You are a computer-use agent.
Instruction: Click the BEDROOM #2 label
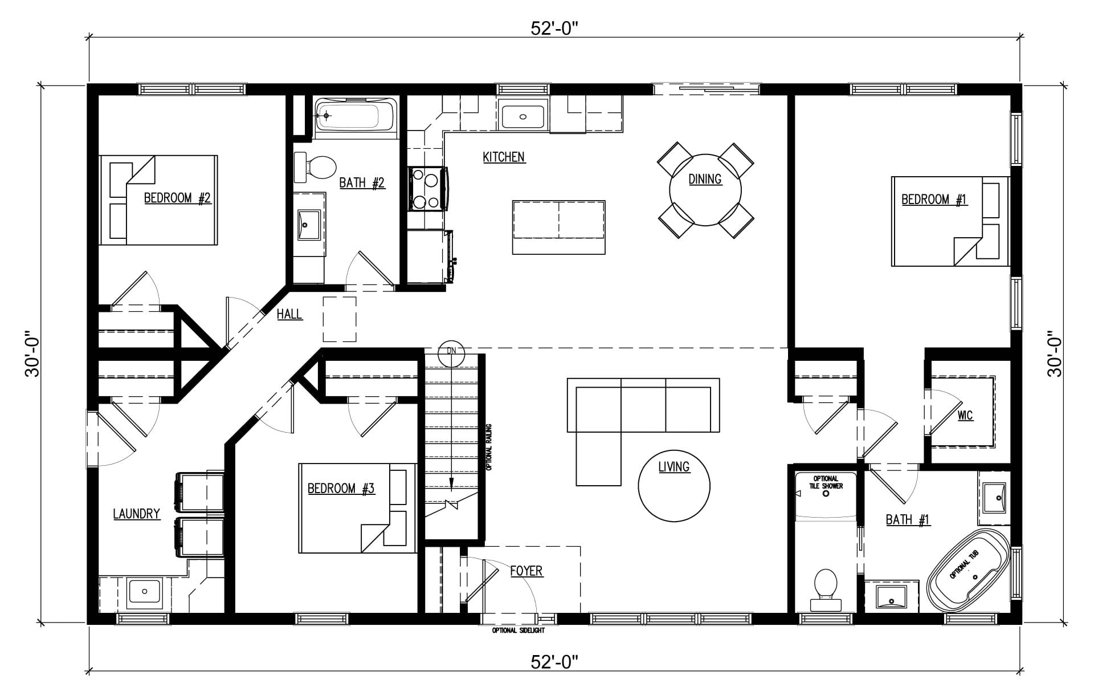pos(177,198)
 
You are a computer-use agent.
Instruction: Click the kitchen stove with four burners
pos(428,189)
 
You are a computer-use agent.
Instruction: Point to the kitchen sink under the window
pos(523,117)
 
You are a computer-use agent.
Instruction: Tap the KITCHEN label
pos(504,157)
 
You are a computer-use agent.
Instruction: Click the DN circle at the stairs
pos(452,351)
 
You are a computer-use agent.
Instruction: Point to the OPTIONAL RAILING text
pos(489,446)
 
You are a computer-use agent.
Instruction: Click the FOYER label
pos(526,571)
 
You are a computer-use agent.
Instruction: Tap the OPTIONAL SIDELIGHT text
pos(519,631)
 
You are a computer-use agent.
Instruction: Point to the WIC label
pos(965,415)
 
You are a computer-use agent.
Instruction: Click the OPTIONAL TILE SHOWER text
pos(826,482)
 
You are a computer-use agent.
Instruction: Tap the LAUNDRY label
pos(136,514)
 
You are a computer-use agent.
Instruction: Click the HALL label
pos(289,314)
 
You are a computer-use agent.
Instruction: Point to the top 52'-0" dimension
pos(554,29)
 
